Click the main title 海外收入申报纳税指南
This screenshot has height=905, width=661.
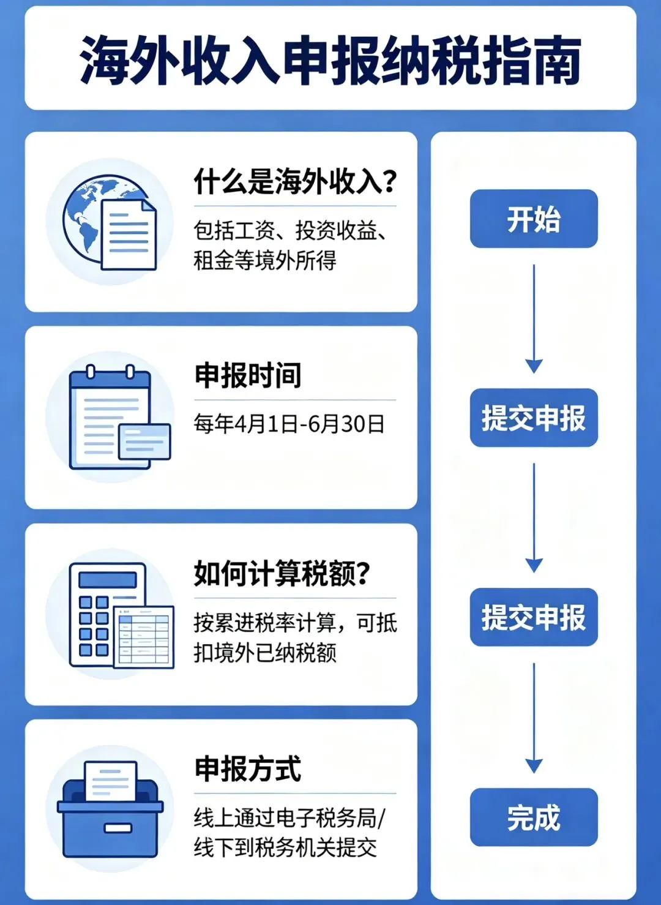coord(330,60)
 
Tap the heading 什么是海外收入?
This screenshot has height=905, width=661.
coord(295,181)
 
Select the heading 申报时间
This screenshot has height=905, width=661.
coord(248,375)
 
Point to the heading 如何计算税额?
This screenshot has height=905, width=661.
coord(282,574)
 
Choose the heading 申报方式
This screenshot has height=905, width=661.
coord(248,769)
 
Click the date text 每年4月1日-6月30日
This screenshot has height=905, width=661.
coord(289,424)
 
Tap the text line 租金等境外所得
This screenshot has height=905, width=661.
coord(264,260)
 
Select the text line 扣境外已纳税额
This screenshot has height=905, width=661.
coord(264,653)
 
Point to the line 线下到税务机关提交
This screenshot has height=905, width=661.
coord(285,847)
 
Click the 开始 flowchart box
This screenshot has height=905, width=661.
coord(534,219)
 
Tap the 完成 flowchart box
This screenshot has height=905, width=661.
coord(534,817)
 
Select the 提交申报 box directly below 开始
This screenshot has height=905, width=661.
coord(534,418)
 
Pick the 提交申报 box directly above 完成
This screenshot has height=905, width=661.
coord(534,617)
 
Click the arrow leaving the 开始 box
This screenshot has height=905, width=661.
coord(534,318)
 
